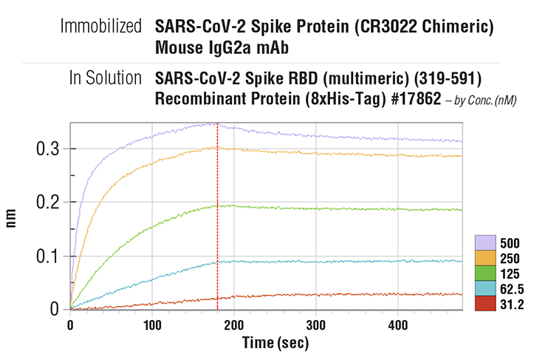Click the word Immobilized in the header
click(x=102, y=27)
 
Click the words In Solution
click(x=106, y=78)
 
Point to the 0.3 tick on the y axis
click(x=48, y=149)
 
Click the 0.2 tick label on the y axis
click(x=48, y=203)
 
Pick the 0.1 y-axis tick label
click(x=48, y=256)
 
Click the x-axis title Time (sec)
click(x=276, y=343)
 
